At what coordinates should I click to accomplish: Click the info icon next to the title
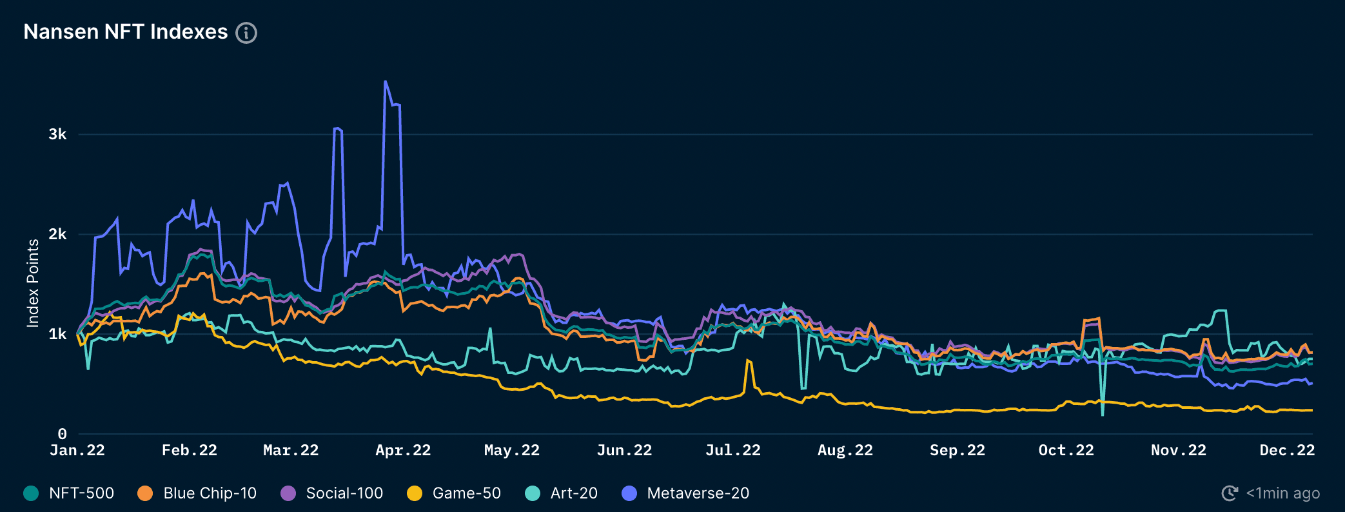(246, 33)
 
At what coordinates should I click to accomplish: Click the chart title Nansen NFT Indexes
(126, 32)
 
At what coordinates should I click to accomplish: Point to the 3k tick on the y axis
(57, 134)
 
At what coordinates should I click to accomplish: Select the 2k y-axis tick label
(57, 234)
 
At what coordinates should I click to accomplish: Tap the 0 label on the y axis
(62, 434)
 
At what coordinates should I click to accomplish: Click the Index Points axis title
(33, 283)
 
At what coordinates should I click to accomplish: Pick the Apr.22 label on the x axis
(403, 450)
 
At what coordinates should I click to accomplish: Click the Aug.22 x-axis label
(845, 450)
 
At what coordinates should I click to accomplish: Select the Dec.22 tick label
(1287, 450)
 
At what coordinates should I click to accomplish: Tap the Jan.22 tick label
(77, 450)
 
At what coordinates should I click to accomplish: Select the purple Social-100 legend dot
(288, 493)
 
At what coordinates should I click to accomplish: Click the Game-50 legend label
(466, 493)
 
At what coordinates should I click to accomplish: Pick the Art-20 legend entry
(573, 493)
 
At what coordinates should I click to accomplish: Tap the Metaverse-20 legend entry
(698, 493)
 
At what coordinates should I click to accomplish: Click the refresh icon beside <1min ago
(1230, 493)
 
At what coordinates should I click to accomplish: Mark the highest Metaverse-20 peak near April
(386, 82)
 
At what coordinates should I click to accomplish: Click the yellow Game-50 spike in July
(748, 361)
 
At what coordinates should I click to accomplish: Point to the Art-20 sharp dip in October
(1103, 414)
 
